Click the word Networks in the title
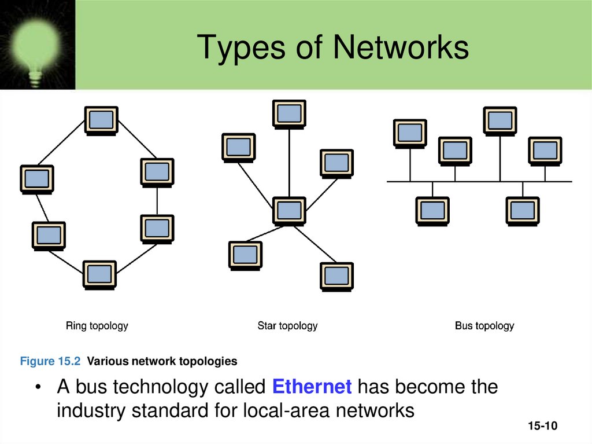point(400,47)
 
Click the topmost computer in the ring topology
point(102,120)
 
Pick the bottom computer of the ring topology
point(99,274)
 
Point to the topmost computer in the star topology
point(289,113)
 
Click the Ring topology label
point(97,326)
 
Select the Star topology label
point(287,326)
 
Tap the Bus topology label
point(484,326)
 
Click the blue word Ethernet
point(312,386)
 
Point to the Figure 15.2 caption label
point(50,362)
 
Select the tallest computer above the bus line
point(500,120)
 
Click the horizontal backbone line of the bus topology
point(479,182)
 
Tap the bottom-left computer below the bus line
point(432,210)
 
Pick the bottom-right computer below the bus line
point(523,210)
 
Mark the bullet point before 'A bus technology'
point(38,387)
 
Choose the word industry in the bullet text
point(91,410)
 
